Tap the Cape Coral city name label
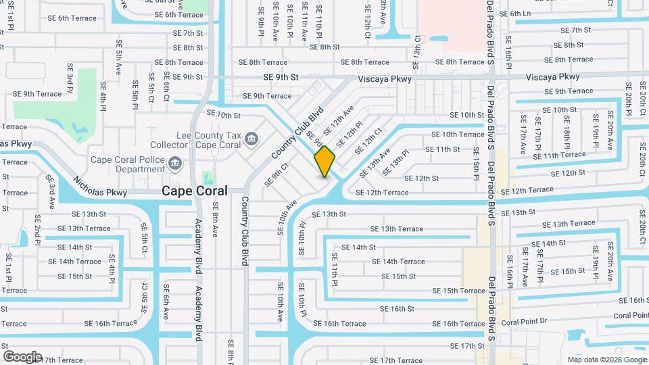tap(194, 191)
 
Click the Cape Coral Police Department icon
tap(175, 162)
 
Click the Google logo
tap(22, 357)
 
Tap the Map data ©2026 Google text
tap(606, 360)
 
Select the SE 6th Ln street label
tap(530, 14)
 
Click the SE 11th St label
tap(443, 149)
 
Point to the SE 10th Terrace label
tap(462, 135)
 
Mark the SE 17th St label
tap(468, 345)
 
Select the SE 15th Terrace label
tap(459, 291)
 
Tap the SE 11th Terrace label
tap(560, 155)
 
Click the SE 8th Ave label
tap(216, 219)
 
